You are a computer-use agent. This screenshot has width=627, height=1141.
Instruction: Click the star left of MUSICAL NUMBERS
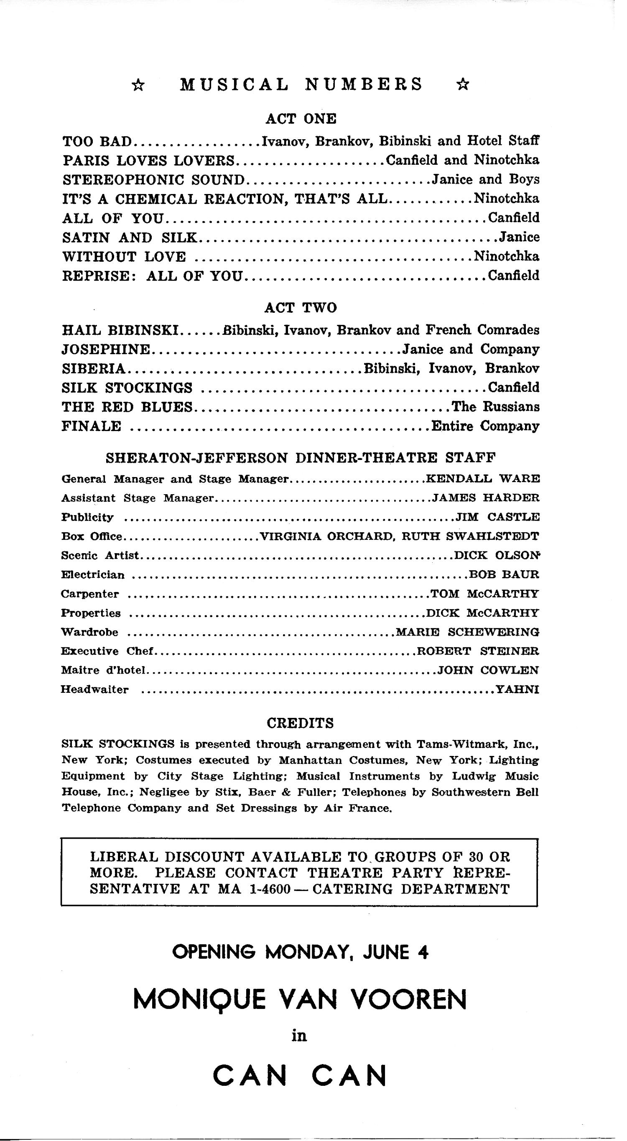[x=139, y=84]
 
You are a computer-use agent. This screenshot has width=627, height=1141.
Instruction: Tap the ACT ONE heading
[x=301, y=119]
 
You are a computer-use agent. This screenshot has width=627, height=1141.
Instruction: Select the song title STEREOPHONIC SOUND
[x=154, y=180]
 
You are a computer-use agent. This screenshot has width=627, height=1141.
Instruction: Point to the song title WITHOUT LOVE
[x=125, y=257]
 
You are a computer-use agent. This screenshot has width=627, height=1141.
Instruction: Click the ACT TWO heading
[x=301, y=307]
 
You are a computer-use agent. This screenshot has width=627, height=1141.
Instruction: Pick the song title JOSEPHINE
[x=106, y=350]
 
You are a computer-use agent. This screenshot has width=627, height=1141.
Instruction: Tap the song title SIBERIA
[x=94, y=368]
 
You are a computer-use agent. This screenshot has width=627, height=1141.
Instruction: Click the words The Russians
[x=495, y=407]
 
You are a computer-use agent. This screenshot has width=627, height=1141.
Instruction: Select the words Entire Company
[x=485, y=426]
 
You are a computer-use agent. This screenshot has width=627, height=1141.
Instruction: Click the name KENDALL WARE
[x=483, y=479]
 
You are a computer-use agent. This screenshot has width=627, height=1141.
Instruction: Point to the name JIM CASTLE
[x=498, y=517]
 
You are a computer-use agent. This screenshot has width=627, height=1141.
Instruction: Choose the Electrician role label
[x=93, y=575]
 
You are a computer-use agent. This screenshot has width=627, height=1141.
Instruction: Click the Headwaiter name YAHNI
[x=517, y=689]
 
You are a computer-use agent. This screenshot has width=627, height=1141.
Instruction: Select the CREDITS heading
[x=300, y=723]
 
